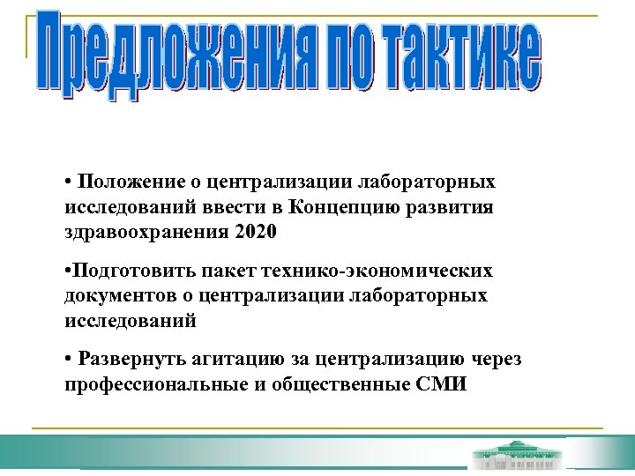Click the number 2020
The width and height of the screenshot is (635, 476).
(x=257, y=233)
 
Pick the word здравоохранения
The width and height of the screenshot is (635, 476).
(x=146, y=233)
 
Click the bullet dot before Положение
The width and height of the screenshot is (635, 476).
(x=68, y=183)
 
